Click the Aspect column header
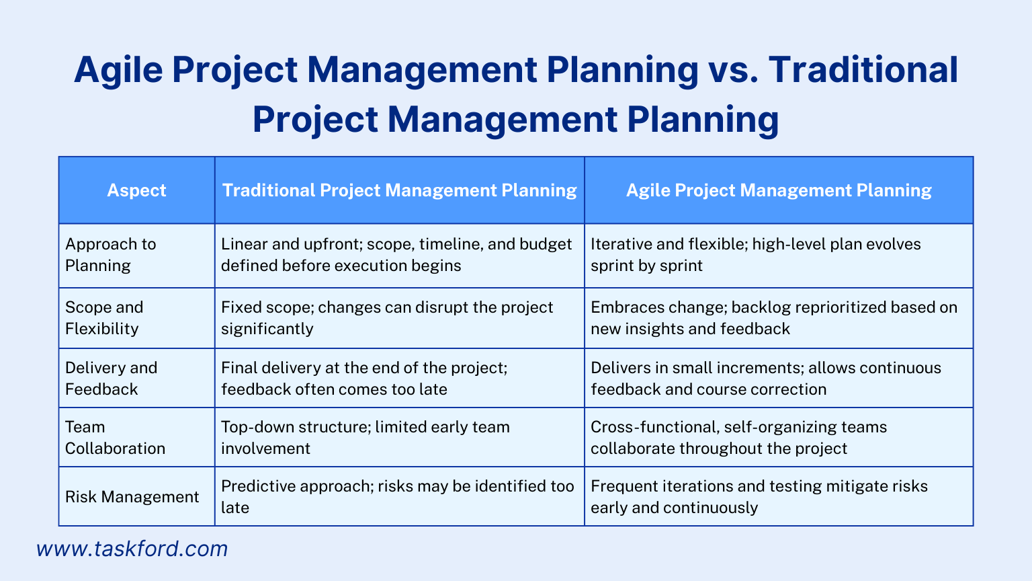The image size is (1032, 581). [x=136, y=190]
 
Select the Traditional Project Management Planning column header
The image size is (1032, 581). [x=399, y=190]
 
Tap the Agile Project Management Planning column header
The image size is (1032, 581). [x=778, y=190]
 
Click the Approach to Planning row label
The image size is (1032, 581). [x=111, y=255]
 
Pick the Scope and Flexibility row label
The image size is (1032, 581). [x=104, y=318]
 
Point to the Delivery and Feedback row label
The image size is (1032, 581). [x=111, y=378]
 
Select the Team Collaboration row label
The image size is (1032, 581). [x=115, y=437]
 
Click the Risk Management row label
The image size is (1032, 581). [x=132, y=497]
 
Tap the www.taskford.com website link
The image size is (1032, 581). [x=132, y=549]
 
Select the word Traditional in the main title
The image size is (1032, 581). [x=866, y=70]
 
